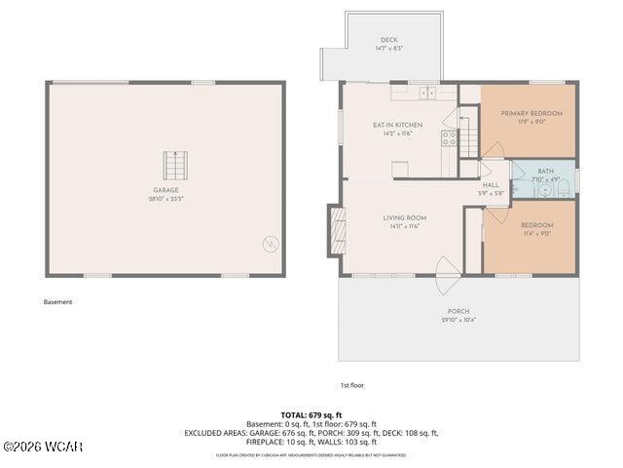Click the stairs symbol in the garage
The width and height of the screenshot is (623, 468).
[x=172, y=165]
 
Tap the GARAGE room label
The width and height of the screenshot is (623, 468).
[x=165, y=190]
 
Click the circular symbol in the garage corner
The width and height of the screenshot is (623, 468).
[x=271, y=243]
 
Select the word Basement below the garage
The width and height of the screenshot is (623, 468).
[x=57, y=302]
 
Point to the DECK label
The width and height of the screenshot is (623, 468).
[x=388, y=40]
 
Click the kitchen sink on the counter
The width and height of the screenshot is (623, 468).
[x=427, y=94]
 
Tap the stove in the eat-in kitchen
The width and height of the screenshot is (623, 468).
[x=450, y=138]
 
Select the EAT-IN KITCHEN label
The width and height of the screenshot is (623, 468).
[x=397, y=125]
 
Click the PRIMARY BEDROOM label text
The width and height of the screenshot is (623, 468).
[x=531, y=113]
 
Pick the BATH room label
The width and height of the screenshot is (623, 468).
[x=545, y=171]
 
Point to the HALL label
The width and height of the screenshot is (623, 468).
[x=491, y=184]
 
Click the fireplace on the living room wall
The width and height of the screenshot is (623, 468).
[x=337, y=229]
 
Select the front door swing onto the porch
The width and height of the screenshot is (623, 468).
[x=449, y=275]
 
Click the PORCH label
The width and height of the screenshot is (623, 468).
[x=458, y=311]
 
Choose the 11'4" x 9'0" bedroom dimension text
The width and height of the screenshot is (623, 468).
[x=537, y=233]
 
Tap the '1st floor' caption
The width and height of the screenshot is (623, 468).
[x=351, y=385]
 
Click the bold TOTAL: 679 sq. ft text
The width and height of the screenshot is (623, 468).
[x=311, y=415]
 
